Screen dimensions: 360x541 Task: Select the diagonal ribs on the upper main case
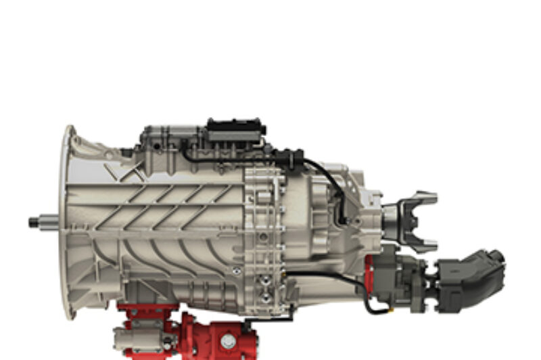pyautogui.click(x=169, y=200)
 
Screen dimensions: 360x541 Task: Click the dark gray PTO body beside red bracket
pyautogui.click(x=402, y=274)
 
